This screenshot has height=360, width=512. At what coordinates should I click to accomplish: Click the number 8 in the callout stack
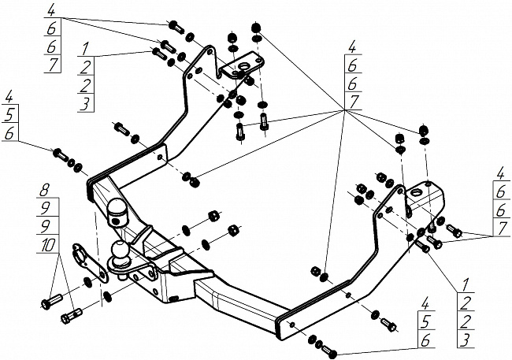coord(44,190)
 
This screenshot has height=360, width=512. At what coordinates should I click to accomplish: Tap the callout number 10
coord(48,245)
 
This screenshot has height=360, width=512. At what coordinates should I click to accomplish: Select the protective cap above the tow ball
coord(117,213)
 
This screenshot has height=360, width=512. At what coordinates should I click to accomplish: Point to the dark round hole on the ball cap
coord(115,221)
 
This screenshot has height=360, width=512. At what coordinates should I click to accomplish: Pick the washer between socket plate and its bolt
coord(88,281)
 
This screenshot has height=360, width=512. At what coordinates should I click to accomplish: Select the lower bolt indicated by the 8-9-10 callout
coord(72,316)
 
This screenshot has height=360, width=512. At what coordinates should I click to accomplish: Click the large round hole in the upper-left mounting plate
coord(243,67)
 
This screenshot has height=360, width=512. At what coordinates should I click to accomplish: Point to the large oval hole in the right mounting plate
coord(416,192)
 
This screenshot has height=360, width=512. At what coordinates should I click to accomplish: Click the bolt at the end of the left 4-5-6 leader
coord(60,154)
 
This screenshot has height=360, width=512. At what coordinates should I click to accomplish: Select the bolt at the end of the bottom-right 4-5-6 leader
coord(328,351)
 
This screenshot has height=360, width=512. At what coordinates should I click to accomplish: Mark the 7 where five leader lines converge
coord(354,102)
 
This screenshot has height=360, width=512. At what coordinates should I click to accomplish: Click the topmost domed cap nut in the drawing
coord(256,27)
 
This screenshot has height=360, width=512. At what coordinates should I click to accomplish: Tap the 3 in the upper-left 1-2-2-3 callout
coord(85,105)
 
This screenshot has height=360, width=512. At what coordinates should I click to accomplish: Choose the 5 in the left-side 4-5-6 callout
coord(9,115)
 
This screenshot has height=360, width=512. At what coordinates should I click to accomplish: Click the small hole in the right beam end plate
coord(292,324)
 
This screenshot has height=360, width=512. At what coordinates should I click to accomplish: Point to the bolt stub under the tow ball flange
coord(123,276)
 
